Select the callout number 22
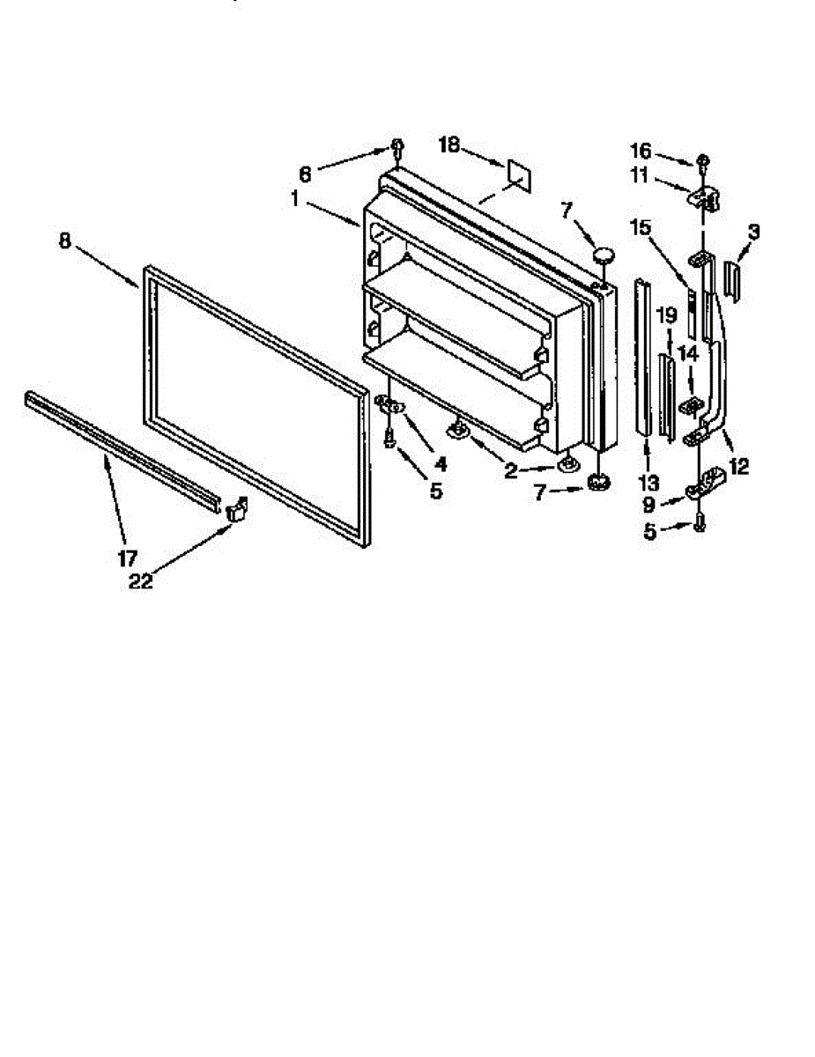[x=140, y=581]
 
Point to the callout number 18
[x=450, y=145]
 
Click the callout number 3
[x=753, y=232]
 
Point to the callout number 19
[x=667, y=313]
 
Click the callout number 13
[x=648, y=482]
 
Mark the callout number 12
[x=737, y=466]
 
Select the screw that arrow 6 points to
[x=397, y=148]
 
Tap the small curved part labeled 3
[x=732, y=281]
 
